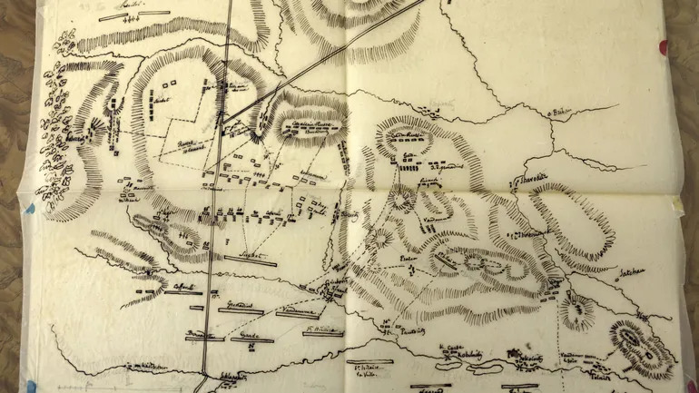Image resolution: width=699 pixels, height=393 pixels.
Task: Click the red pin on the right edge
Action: (x=663, y=45)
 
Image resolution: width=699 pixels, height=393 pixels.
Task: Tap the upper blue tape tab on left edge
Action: (x=28, y=208)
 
